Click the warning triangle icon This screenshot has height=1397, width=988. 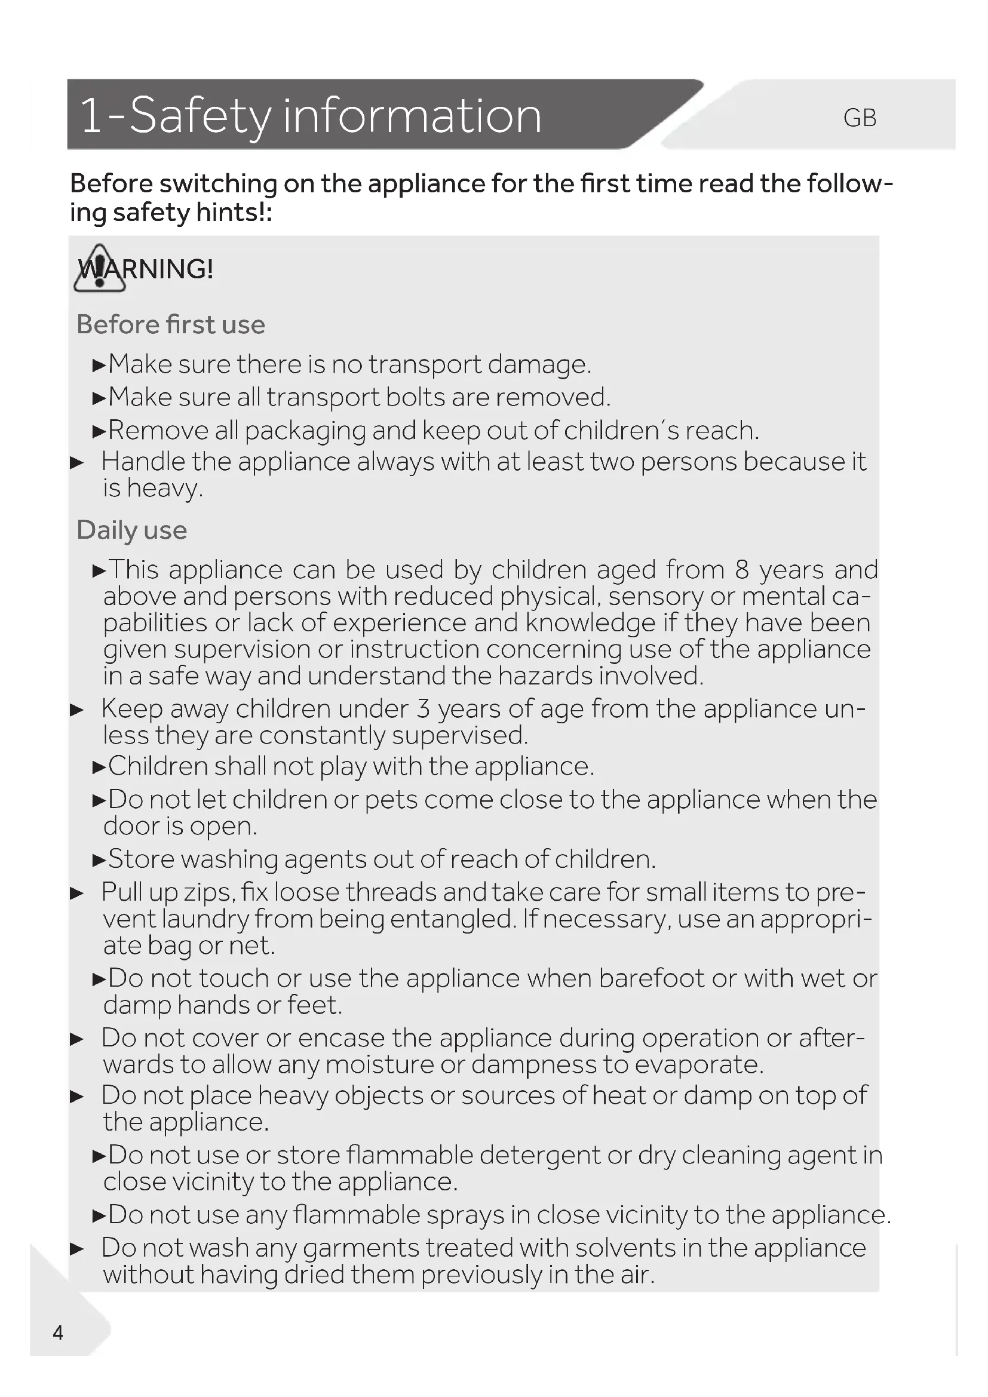99,269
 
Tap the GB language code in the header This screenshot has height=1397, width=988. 860,118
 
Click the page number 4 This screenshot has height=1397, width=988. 58,1333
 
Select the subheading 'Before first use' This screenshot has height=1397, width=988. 171,325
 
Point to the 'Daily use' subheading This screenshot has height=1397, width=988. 132,530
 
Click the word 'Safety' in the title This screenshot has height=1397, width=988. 200,116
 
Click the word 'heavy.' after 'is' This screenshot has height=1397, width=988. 165,488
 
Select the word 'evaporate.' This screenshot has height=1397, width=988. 698,1065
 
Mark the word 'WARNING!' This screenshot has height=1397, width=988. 146,269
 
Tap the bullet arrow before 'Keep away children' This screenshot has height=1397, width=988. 76,710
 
